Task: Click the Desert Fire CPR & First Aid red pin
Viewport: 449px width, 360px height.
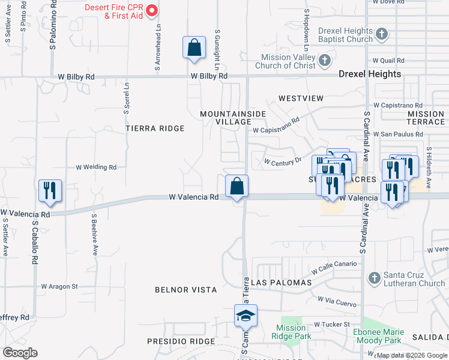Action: pyautogui.click(x=152, y=10)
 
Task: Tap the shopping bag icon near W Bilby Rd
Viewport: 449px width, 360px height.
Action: pyautogui.click(x=194, y=48)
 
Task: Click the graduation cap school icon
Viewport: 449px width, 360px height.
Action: pyautogui.click(x=245, y=316)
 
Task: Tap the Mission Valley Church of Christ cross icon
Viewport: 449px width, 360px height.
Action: pyautogui.click(x=325, y=60)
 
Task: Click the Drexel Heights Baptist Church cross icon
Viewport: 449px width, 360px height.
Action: pyautogui.click(x=382, y=35)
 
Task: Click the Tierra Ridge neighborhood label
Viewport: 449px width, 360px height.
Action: pyautogui.click(x=155, y=128)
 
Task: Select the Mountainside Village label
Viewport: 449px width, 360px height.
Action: pyautogui.click(x=225, y=118)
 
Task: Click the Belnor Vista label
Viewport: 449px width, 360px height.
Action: pyautogui.click(x=185, y=290)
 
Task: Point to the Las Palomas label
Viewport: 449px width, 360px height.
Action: pyautogui.click(x=282, y=282)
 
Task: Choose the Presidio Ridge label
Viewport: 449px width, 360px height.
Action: pyautogui.click(x=181, y=341)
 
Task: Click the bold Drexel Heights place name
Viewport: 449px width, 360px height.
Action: pyautogui.click(x=369, y=74)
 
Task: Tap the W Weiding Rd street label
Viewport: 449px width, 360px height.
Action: pyautogui.click(x=96, y=167)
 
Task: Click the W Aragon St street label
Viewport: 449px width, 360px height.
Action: pyautogui.click(x=59, y=287)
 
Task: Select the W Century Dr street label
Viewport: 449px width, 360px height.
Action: pyautogui.click(x=283, y=162)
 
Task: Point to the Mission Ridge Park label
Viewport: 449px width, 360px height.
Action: pyautogui.click(x=291, y=332)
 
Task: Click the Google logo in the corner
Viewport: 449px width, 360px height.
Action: pyautogui.click(x=20, y=353)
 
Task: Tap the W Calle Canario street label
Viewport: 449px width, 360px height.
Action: pyautogui.click(x=333, y=267)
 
